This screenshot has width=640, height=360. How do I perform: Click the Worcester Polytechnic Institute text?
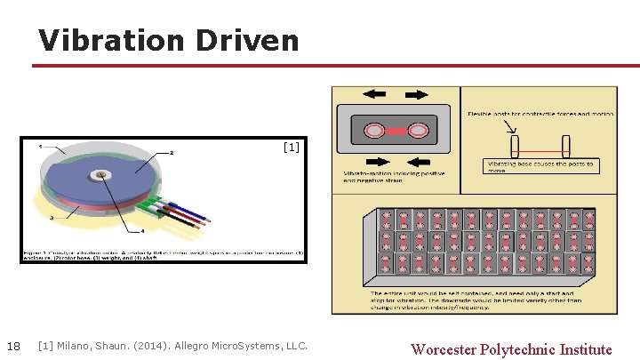coord(511,348)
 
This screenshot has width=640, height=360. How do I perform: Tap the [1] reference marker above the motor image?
coord(291,148)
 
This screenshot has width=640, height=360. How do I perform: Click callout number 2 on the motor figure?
coord(172,153)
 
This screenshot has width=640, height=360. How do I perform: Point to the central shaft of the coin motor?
coord(105,174)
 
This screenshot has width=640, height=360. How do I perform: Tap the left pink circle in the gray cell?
coord(377,131)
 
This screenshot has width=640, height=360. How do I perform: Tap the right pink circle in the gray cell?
coord(416,131)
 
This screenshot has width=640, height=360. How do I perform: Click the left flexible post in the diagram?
coord(514,146)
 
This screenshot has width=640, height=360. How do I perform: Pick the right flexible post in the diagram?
coord(564,146)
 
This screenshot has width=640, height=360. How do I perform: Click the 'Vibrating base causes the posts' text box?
coord(541,166)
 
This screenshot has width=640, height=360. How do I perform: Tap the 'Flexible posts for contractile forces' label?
coord(540,113)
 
